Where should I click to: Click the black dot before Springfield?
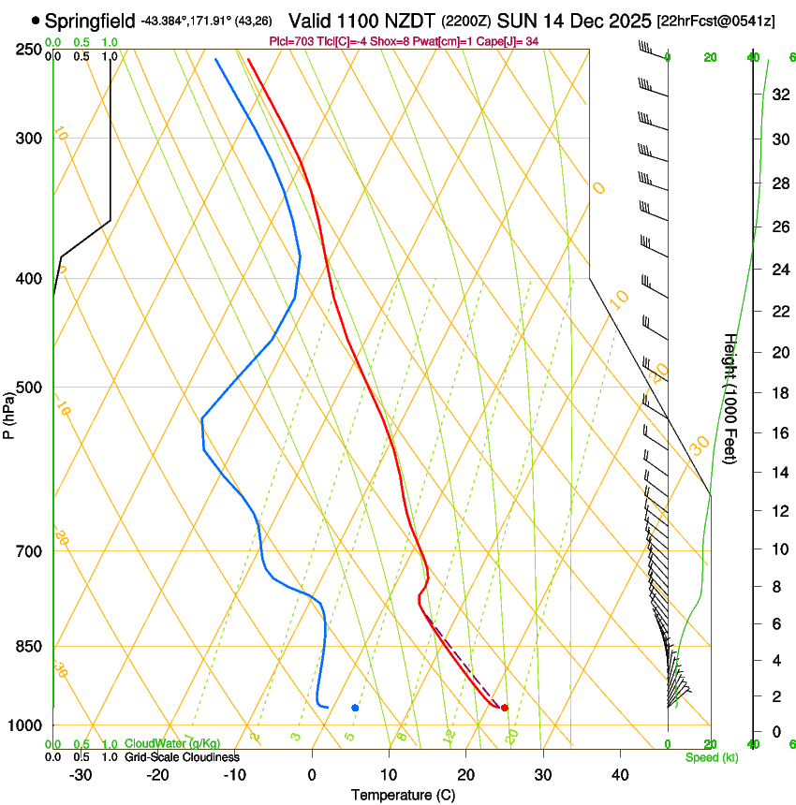pos(36,20)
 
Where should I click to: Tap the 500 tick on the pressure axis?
pos(31,388)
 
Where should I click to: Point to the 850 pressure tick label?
pos(31,647)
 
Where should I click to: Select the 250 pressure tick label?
pos(31,49)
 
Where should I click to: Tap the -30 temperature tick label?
pos(81,774)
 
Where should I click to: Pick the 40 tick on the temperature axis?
pos(619,774)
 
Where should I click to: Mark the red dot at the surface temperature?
pos(505,708)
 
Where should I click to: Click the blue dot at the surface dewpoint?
pos(355,708)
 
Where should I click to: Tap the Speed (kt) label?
pos(711,757)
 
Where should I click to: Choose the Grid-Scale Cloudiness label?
pos(181,756)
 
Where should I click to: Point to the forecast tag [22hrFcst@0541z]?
pos(716,21)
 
